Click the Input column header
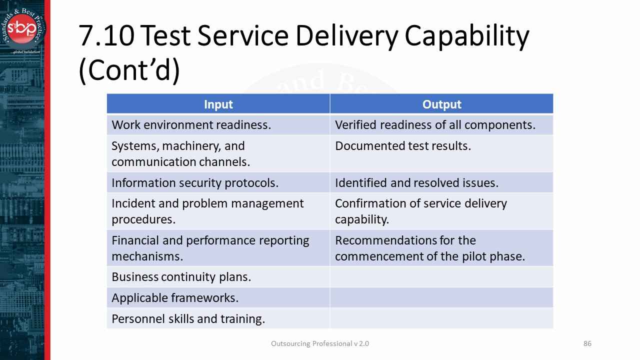[218, 104]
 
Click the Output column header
[441, 104]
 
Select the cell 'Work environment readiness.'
[191, 125]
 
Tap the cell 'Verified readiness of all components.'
[435, 125]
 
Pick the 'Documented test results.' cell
[403, 146]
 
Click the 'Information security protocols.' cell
[195, 183]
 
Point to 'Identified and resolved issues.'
[416, 183]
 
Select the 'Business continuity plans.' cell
[181, 276]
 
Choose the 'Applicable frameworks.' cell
[175, 298]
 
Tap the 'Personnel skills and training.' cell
[188, 319]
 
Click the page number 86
[587, 343]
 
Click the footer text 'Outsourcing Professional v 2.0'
[320, 343]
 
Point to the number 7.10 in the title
[105, 36]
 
